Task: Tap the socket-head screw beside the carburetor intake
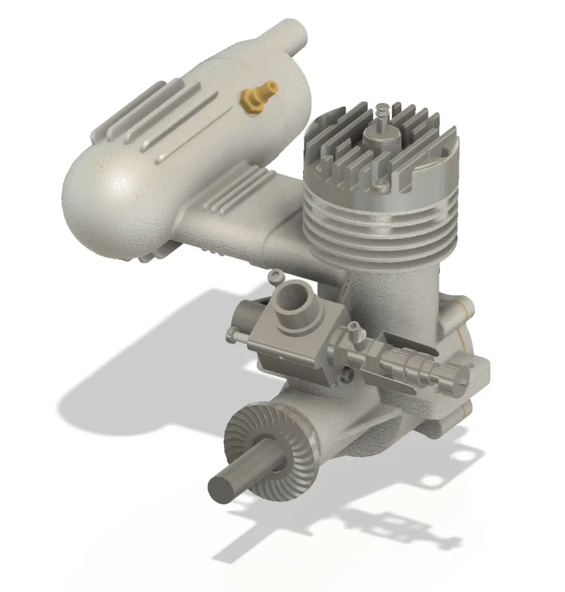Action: [276, 277]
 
